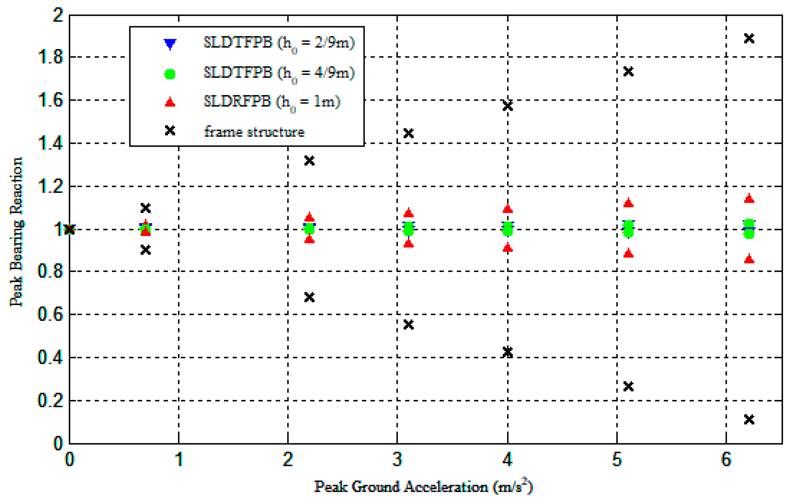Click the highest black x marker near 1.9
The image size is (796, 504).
(x=749, y=38)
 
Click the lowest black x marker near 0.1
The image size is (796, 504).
(x=749, y=419)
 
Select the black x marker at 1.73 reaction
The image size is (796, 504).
(x=628, y=72)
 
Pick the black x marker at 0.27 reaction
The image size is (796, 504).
(x=628, y=386)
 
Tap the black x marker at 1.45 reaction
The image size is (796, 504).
(x=408, y=133)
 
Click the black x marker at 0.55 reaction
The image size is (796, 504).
(x=408, y=325)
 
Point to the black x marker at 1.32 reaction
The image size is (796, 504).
(x=309, y=161)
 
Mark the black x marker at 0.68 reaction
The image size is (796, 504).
(x=309, y=297)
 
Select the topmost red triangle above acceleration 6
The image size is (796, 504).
(x=749, y=199)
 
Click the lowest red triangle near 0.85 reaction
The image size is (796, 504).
(x=749, y=259)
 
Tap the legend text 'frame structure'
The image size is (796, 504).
(x=254, y=132)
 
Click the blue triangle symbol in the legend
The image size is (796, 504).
(x=170, y=44)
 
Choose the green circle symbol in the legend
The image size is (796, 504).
(x=170, y=74)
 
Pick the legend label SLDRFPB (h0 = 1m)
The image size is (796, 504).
(x=272, y=102)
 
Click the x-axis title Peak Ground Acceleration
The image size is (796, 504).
(x=423, y=487)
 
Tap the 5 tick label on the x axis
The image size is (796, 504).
(x=617, y=460)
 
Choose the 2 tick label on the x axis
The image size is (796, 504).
(x=288, y=460)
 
